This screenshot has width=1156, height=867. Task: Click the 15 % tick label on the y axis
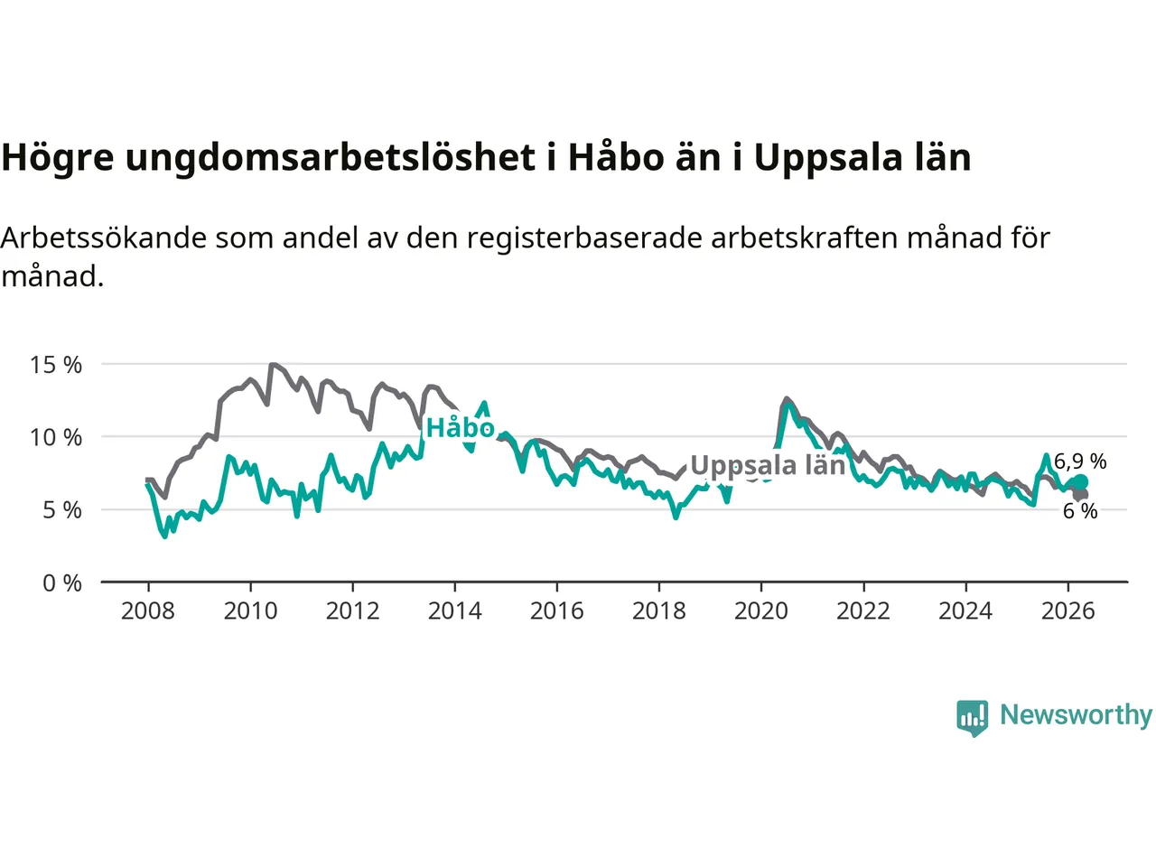pos(56,365)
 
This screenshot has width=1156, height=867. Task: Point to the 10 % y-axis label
pos(56,437)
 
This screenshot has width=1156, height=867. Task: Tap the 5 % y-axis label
pos(62,510)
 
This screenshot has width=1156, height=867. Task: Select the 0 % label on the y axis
pos(62,583)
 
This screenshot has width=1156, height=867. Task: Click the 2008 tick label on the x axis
pos(148,611)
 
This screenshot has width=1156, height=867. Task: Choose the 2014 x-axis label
pos(454,611)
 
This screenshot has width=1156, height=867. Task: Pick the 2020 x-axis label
pos(761,611)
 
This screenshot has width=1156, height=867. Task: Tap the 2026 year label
pos(1068,611)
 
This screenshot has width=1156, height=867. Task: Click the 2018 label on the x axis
pos(659,611)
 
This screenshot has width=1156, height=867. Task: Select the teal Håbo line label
pos(461,427)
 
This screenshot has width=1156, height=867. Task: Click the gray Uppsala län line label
pos(768,466)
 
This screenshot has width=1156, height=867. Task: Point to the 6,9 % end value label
pos(1080,461)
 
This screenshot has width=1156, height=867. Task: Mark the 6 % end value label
pos(1080,511)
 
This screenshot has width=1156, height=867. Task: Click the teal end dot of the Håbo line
pos(1080,482)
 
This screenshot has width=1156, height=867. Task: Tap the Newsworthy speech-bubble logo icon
pos(972,718)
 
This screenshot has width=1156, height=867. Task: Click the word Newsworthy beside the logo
pos(1076,715)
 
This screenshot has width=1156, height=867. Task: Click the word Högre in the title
pos(58,157)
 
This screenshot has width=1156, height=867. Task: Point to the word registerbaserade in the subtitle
pos(584,238)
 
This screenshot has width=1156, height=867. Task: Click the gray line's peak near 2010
pos(272,364)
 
